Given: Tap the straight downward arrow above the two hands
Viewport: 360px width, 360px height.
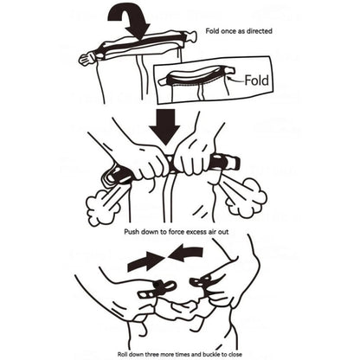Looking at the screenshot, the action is [165, 127].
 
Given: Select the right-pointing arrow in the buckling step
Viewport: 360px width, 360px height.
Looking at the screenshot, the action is [145, 261].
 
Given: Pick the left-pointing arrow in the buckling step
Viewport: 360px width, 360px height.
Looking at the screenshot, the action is [184, 253].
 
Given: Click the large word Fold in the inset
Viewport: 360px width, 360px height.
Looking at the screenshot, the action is [256, 80].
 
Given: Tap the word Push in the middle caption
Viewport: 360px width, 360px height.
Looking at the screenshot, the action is [132, 232].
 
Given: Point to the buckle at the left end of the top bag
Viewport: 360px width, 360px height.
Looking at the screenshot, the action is [87, 59].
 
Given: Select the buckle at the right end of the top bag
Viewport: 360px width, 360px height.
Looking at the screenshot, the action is [190, 36].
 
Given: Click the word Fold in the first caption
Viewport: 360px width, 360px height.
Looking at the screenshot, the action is [213, 31].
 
